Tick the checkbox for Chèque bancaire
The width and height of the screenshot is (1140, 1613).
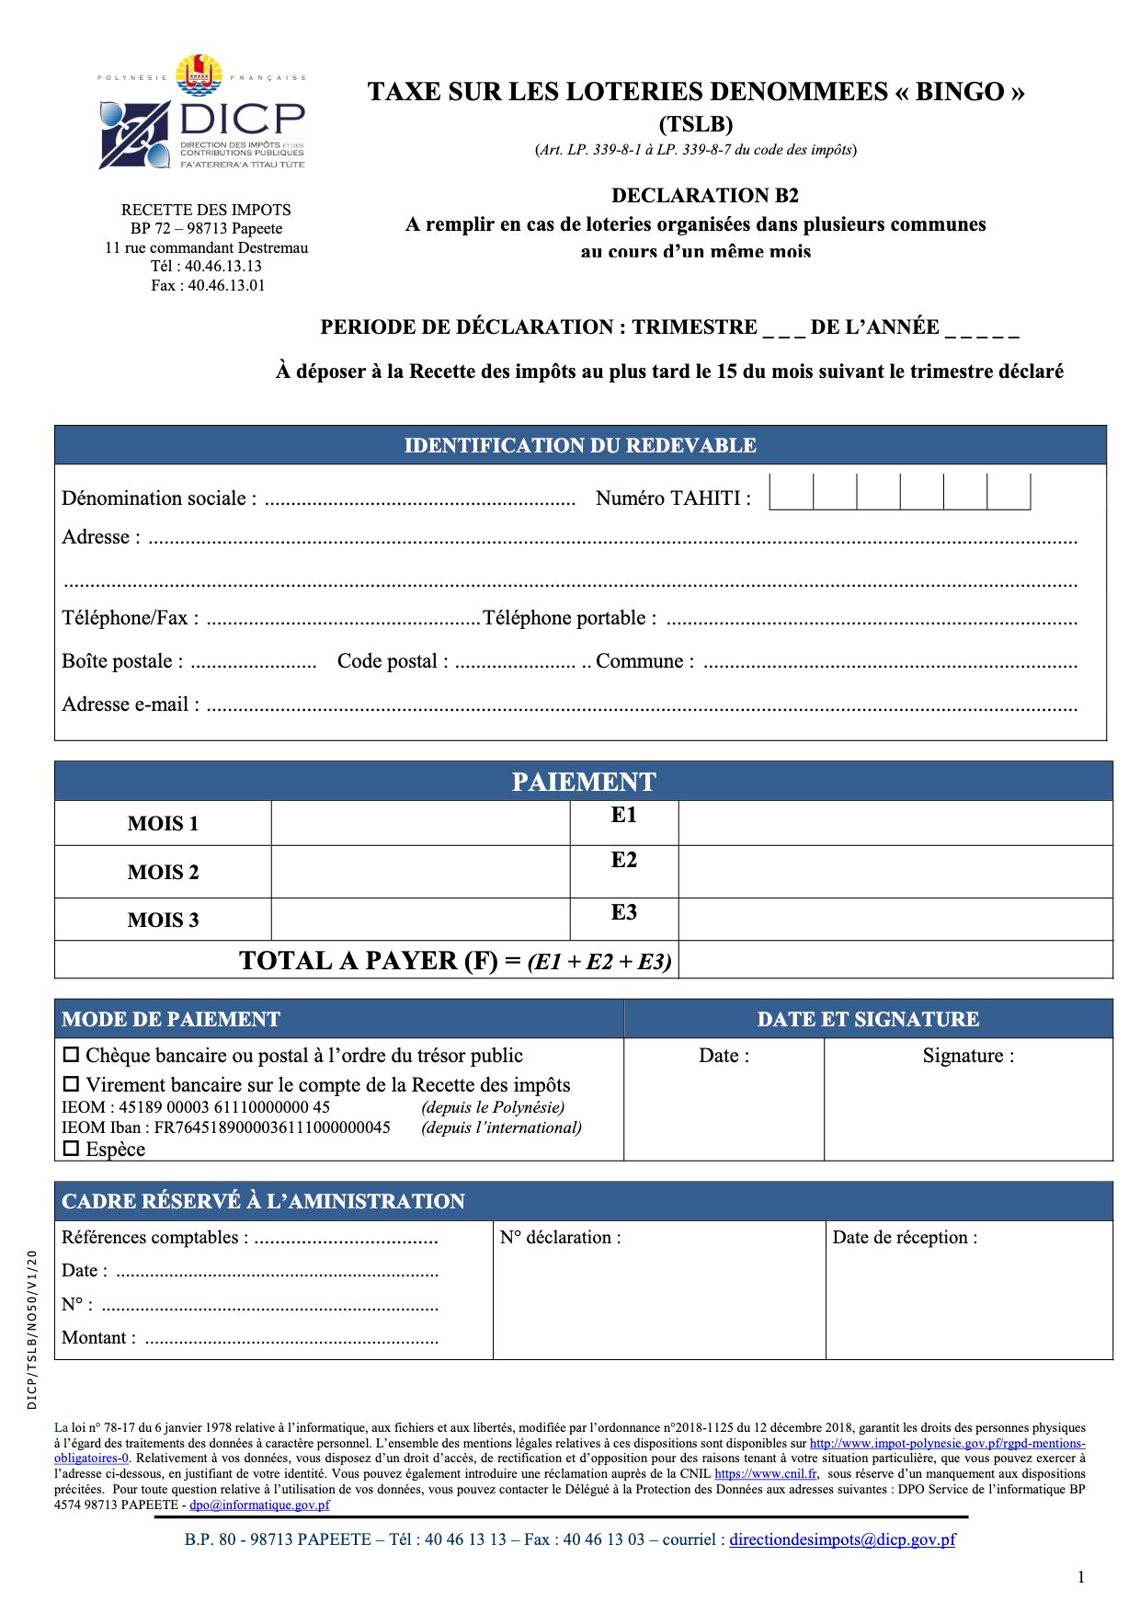[x=71, y=1055]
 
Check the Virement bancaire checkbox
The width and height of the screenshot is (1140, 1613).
[x=71, y=1084]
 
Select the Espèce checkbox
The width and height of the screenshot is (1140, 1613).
[x=71, y=1149]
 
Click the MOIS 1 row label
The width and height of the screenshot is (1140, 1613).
[x=163, y=824]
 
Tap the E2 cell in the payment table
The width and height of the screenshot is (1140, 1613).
[x=623, y=861]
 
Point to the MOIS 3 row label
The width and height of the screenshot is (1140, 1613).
[x=163, y=921]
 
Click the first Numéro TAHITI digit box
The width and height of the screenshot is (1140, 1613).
[x=791, y=491]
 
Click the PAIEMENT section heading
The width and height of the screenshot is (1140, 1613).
[x=583, y=782]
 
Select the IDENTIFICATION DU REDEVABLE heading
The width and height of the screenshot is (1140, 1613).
[x=580, y=446]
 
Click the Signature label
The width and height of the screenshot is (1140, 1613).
[x=968, y=1056]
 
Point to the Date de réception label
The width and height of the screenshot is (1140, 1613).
[x=905, y=1238]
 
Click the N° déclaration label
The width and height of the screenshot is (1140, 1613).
[x=560, y=1238]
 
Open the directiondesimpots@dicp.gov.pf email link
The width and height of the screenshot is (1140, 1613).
[x=842, y=1539]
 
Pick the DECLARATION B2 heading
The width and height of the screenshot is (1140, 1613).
[x=705, y=196]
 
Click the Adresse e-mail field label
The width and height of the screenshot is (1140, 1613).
[x=130, y=704]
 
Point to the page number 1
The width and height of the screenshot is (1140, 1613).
[x=1081, y=1577]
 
